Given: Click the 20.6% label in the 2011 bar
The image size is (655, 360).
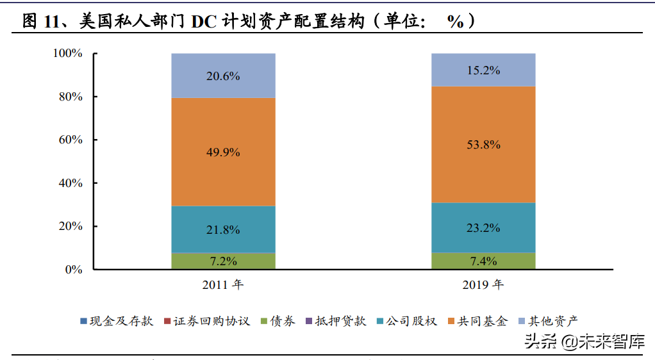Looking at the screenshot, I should pyautogui.click(x=223, y=76).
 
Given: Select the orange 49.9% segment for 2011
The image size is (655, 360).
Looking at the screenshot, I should pyautogui.click(x=223, y=152).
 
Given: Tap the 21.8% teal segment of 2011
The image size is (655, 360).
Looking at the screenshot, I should pyautogui.click(x=223, y=229).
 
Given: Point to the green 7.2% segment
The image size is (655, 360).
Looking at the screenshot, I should pyautogui.click(x=223, y=261).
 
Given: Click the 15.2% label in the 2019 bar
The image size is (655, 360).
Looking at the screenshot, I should pyautogui.click(x=483, y=70).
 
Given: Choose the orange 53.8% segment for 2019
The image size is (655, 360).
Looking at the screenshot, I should pyautogui.click(x=483, y=145).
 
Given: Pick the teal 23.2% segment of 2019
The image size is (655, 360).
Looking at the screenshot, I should pyautogui.click(x=483, y=227).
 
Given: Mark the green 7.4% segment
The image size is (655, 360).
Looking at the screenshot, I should pyautogui.click(x=483, y=261).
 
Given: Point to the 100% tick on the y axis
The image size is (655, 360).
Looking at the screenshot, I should pyautogui.click(x=67, y=53).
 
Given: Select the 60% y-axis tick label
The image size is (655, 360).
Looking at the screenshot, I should pyautogui.click(x=70, y=140).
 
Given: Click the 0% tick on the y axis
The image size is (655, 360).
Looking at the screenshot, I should pyautogui.click(x=74, y=270).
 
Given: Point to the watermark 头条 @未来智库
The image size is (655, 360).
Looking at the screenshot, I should pyautogui.click(x=585, y=341).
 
